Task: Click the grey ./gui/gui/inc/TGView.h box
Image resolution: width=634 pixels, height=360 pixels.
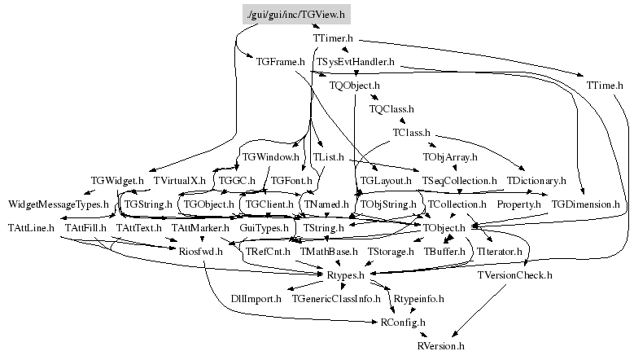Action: [x=296, y=15]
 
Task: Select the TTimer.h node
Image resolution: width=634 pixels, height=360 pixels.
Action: [x=332, y=38]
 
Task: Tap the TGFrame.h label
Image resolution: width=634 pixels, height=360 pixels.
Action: [x=280, y=61]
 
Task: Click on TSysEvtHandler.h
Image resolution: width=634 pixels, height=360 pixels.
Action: [x=356, y=61]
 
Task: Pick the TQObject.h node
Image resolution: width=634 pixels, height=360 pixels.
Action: [x=354, y=85]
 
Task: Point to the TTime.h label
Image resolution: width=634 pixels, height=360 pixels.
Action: [x=604, y=85]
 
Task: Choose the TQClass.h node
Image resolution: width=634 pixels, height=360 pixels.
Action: [x=391, y=108]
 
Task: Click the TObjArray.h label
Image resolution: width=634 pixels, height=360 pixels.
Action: [x=450, y=156]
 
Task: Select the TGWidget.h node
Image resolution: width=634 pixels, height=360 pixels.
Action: [x=117, y=179]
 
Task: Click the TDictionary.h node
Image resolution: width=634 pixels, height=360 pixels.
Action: [x=536, y=179]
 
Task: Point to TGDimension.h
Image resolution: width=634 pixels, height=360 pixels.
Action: [x=585, y=203]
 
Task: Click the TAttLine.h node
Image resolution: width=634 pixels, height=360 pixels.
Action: [x=30, y=227]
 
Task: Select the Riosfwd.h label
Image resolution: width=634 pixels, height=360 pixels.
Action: [x=200, y=252]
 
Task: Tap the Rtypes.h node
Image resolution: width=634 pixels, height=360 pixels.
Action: [x=345, y=275]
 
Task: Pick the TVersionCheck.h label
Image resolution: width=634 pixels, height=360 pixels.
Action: [x=514, y=275]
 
